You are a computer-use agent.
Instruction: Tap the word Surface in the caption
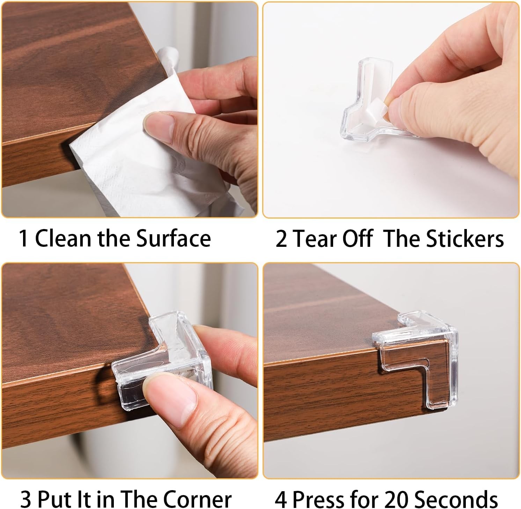click(x=173, y=239)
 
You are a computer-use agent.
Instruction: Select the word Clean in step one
click(x=64, y=239)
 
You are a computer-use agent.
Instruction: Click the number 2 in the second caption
click(x=281, y=239)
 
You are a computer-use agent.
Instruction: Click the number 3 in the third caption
click(x=26, y=500)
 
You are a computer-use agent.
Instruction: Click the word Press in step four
click(x=318, y=500)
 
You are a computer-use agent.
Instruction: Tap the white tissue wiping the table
click(x=150, y=143)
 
